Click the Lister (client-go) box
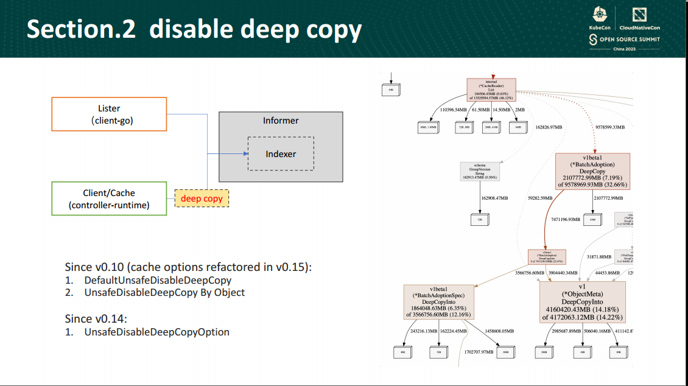(x=108, y=114)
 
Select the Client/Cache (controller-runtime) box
(x=108, y=199)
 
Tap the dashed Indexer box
(x=281, y=153)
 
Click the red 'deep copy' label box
(x=202, y=198)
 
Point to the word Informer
(x=281, y=121)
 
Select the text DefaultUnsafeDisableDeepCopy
(x=158, y=281)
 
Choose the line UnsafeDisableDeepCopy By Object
(x=164, y=292)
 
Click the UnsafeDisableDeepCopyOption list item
(x=156, y=332)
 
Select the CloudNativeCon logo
(x=639, y=19)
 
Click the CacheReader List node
(x=491, y=89)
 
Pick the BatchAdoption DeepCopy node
(x=592, y=170)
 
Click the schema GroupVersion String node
(x=480, y=171)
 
